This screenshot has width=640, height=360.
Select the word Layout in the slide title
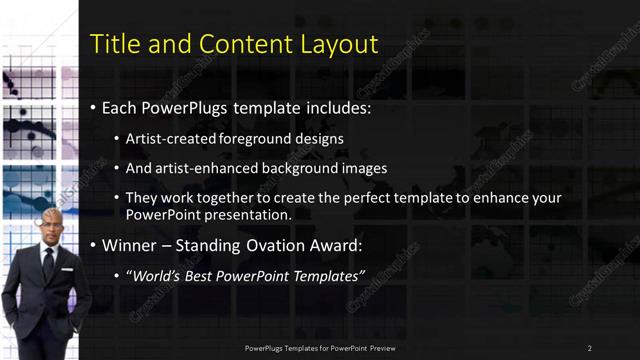[343, 44]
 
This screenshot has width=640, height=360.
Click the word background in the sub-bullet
[301, 168]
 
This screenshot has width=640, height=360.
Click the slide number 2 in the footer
[589, 347]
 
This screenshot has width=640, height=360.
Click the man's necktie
[48, 266]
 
